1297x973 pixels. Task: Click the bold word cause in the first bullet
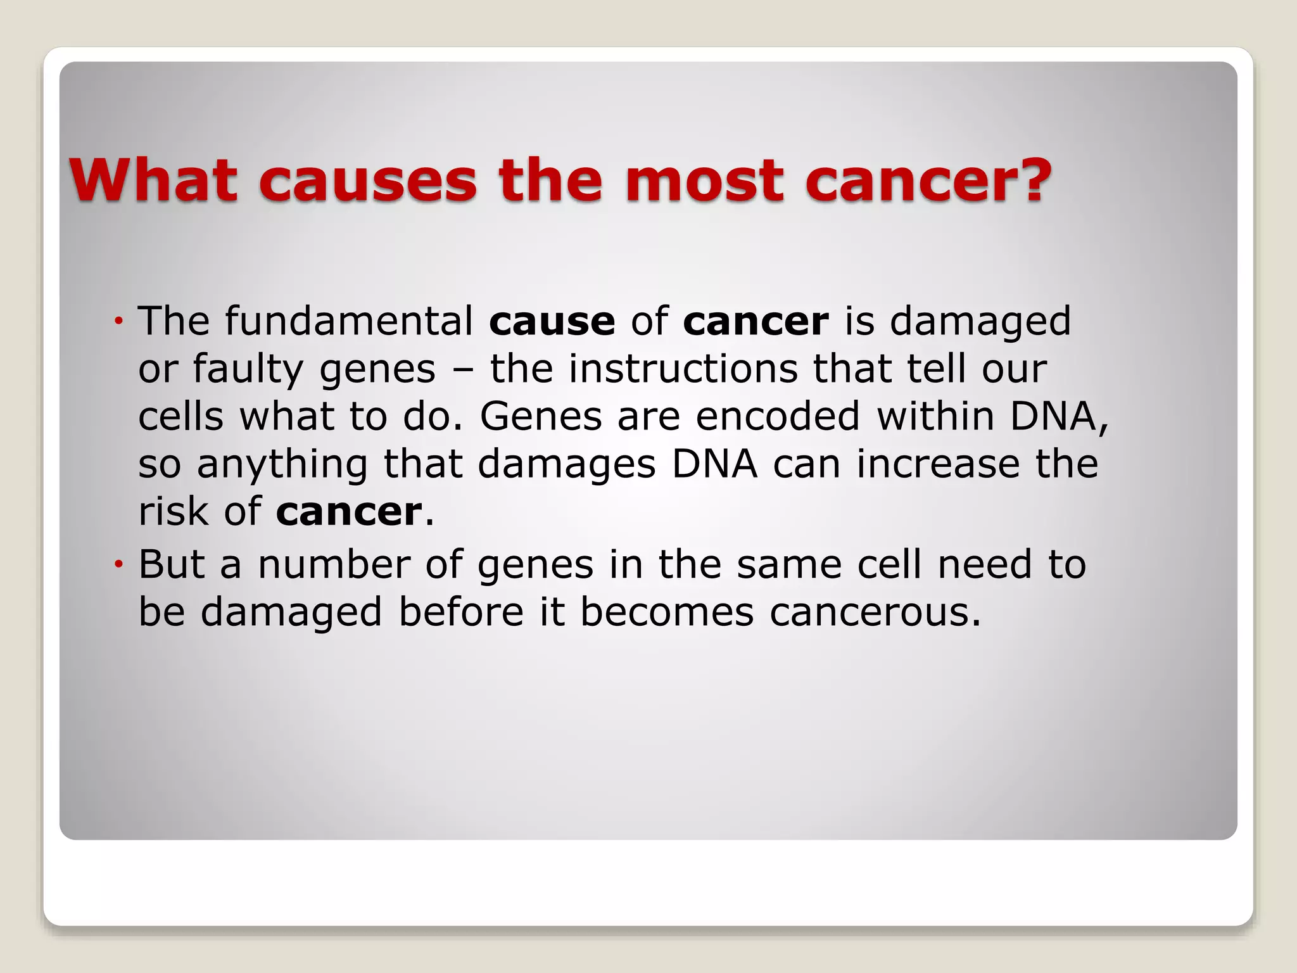(x=552, y=322)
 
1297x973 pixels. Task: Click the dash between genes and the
(x=462, y=369)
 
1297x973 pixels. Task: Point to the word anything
(x=282, y=465)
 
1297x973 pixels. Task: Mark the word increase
(x=938, y=464)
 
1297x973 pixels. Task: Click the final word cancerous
(x=875, y=613)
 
